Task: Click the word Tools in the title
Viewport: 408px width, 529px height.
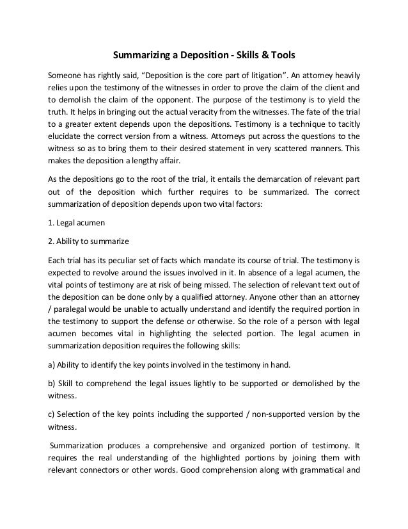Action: (x=279, y=54)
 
